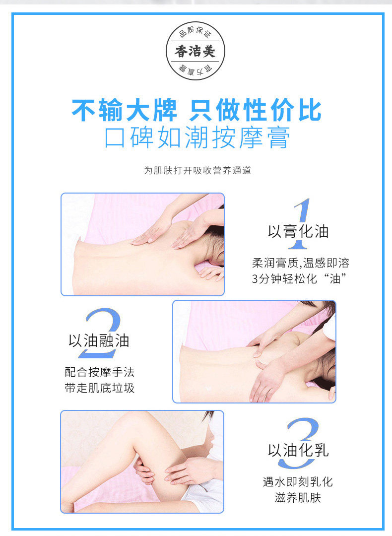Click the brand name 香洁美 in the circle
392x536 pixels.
tap(195, 51)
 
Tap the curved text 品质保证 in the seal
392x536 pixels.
tap(195, 32)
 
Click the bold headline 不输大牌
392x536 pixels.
tap(125, 110)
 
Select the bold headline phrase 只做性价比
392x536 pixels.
tap(255, 110)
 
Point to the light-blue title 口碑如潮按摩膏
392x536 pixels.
tap(197, 138)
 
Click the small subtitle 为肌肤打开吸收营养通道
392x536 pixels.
tap(197, 170)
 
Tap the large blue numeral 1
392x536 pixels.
tap(300, 224)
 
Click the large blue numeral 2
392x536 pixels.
tap(101, 334)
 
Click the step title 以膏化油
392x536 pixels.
tap(298, 231)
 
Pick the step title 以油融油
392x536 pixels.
tap(99, 341)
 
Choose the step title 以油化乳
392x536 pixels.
tap(298, 450)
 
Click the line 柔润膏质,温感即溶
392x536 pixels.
tap(300, 263)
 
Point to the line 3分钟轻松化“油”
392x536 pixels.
tap(299, 278)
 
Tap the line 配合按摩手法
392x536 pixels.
tap(99, 372)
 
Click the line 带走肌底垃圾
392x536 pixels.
tap(99, 388)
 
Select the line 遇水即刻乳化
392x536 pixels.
tap(298, 482)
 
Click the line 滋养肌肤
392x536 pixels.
tap(298, 498)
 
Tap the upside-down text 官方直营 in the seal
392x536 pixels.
tap(195, 71)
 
